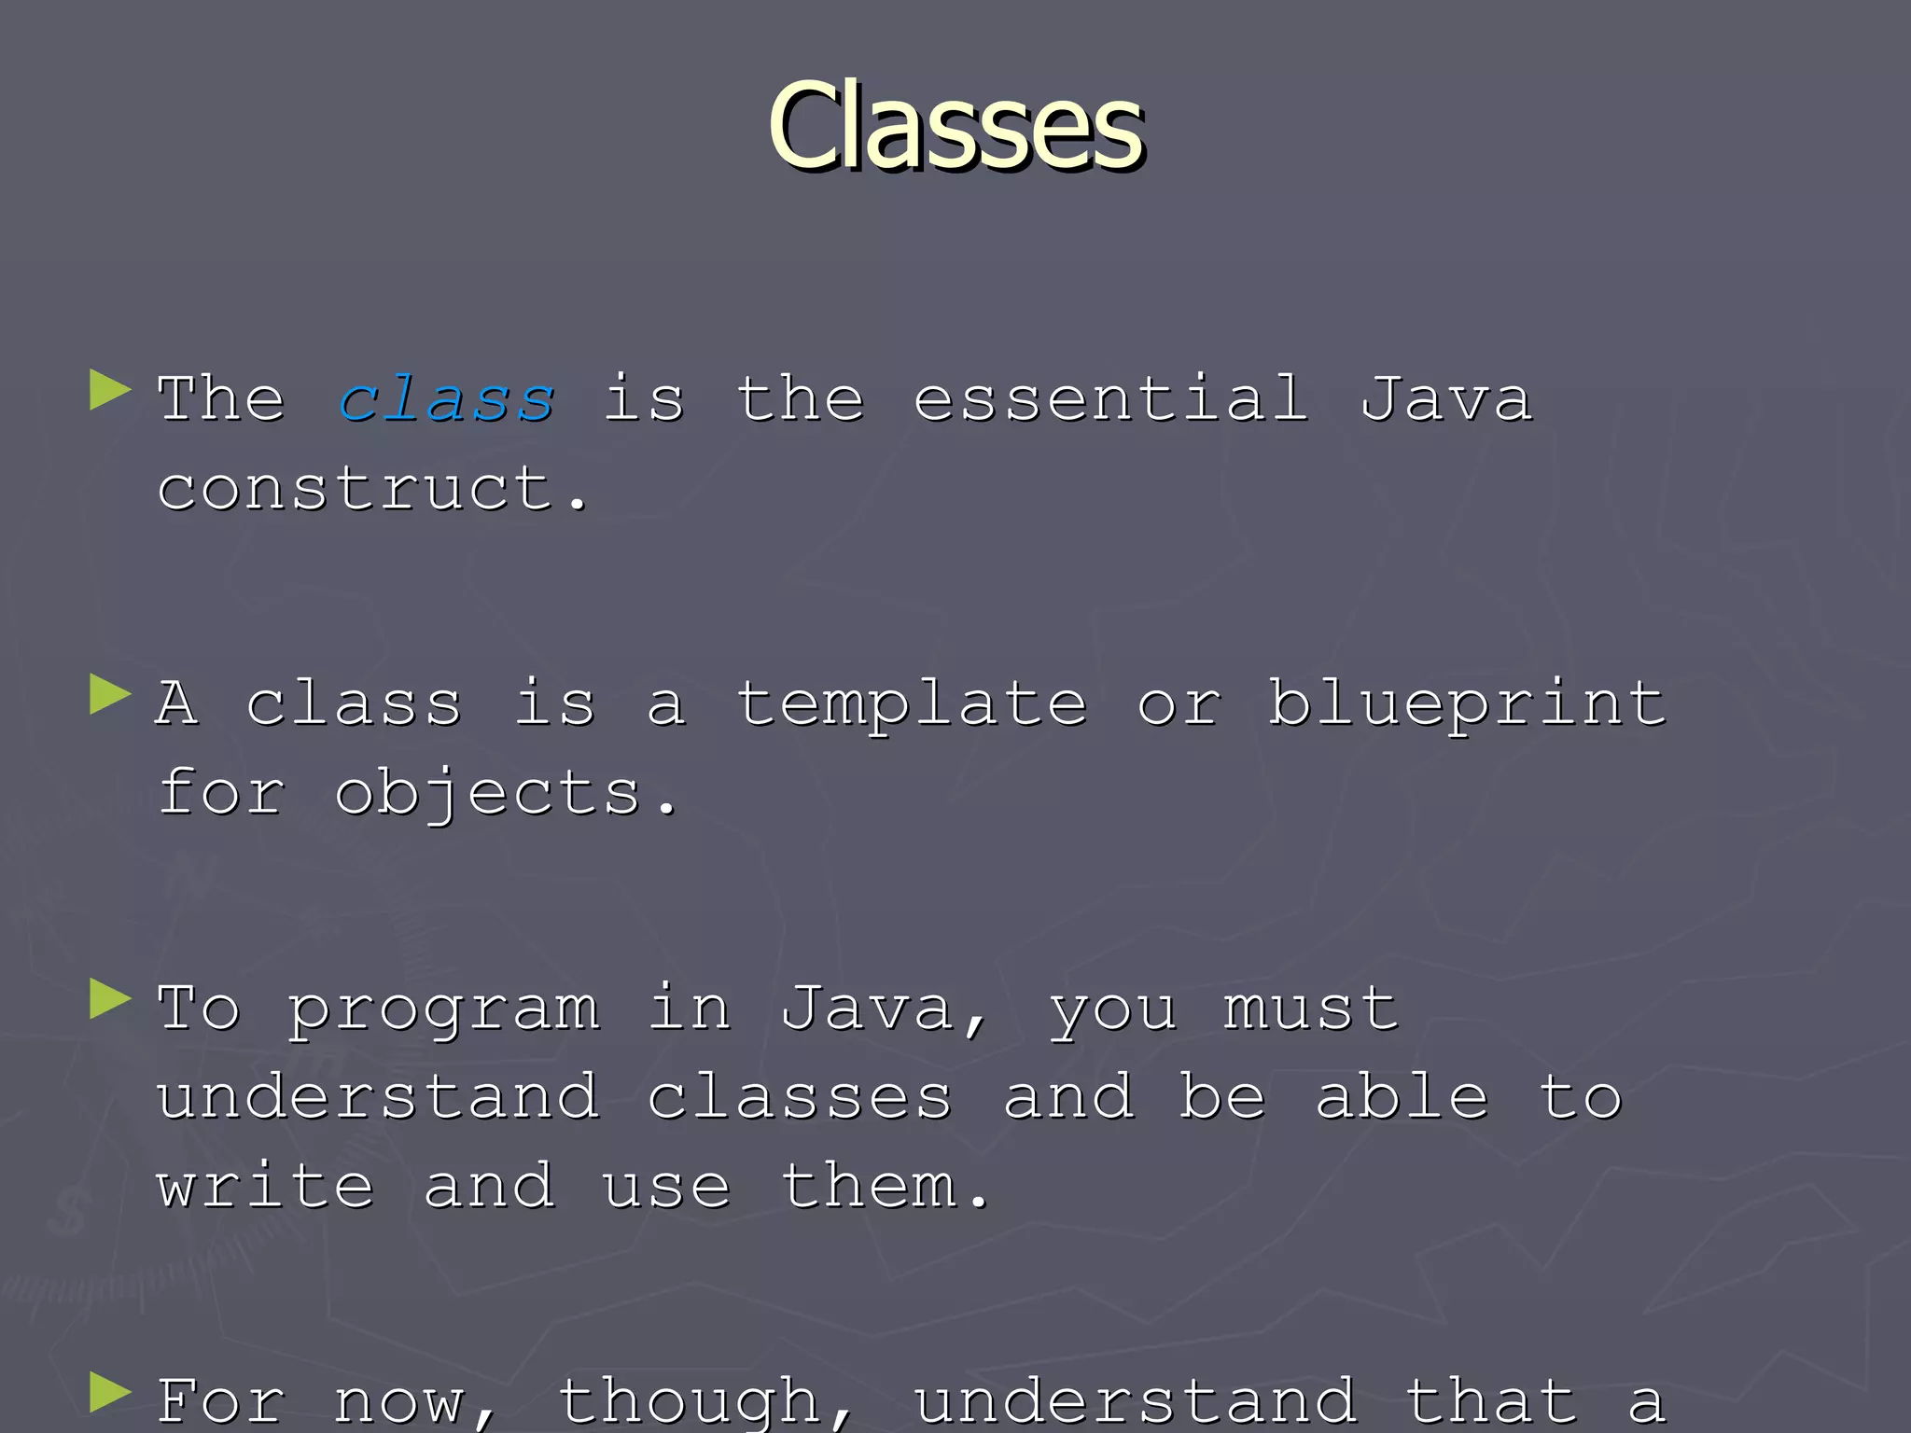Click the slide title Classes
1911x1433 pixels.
pyautogui.click(x=955, y=126)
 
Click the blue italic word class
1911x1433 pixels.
pyautogui.click(x=446, y=399)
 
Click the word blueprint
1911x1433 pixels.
pyautogui.click(x=1466, y=704)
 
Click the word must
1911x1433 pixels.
pyautogui.click(x=1310, y=1009)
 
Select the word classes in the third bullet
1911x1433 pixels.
pyautogui.click(x=799, y=1097)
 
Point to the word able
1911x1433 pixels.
pyautogui.click(x=1401, y=1097)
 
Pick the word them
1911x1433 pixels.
pyautogui.click(x=883, y=1187)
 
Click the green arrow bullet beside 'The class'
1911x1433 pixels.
pyautogui.click(x=110, y=391)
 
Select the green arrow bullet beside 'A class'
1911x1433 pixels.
pyautogui.click(x=110, y=695)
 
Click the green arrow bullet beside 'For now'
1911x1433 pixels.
pyautogui.click(x=110, y=1395)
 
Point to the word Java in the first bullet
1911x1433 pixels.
pyautogui.click(x=1445, y=398)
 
